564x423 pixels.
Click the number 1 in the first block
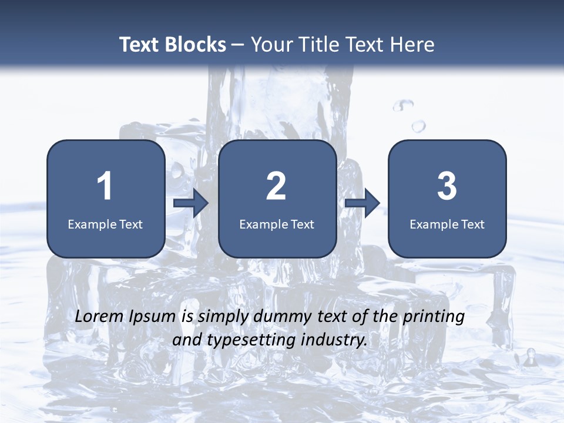click(x=105, y=186)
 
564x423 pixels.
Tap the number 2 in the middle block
click(x=276, y=186)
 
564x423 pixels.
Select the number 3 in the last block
click(x=447, y=186)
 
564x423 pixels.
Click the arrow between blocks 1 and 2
click(x=191, y=203)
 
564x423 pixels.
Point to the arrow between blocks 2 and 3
click(x=362, y=203)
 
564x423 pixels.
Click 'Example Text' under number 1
click(x=105, y=224)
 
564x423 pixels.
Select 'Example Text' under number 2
click(x=277, y=224)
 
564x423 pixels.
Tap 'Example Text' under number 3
click(x=447, y=224)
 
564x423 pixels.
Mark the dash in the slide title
click(x=238, y=45)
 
